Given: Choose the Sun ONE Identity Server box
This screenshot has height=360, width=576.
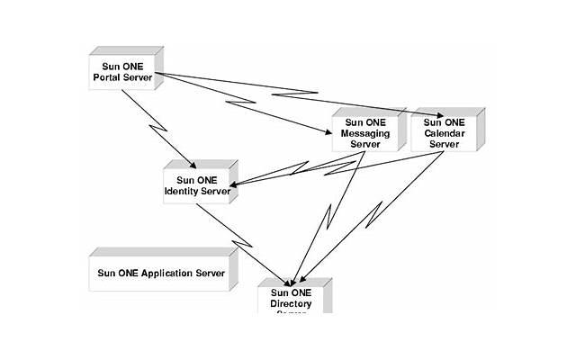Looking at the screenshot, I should tap(198, 184).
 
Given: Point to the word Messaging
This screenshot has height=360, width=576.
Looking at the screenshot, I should tap(364, 134).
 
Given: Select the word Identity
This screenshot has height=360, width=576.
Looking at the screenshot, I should tap(183, 190).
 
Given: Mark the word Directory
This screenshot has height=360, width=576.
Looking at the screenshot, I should tap(291, 303).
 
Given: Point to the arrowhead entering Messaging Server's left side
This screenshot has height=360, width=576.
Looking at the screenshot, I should tap(329, 131).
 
